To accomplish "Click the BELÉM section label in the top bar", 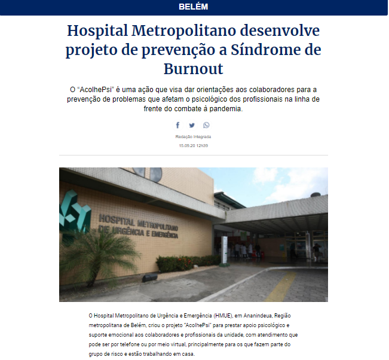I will pyautogui.click(x=194, y=7).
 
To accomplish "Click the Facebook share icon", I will pyautogui.click(x=177, y=125).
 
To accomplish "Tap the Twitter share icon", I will pyautogui.click(x=192, y=125).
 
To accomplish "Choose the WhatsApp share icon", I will pyautogui.click(x=206, y=125).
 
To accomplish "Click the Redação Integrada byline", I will pyautogui.click(x=193, y=136).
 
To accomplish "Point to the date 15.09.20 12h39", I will pyautogui.click(x=193, y=145).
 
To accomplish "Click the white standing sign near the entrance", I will pyautogui.click(x=225, y=246).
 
